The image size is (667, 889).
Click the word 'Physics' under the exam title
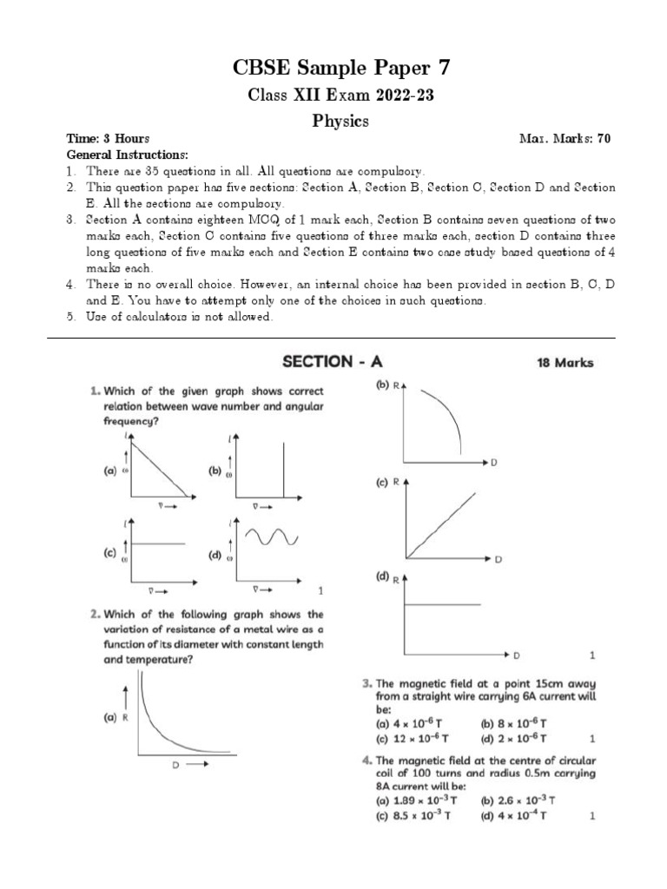pos(340,122)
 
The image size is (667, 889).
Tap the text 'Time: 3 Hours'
pos(109,139)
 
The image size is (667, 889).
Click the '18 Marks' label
pos(562,363)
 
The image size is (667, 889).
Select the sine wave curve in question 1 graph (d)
pos(275,538)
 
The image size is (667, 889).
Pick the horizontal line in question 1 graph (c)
pos(158,543)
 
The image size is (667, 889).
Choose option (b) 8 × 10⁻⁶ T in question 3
pos(512,722)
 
